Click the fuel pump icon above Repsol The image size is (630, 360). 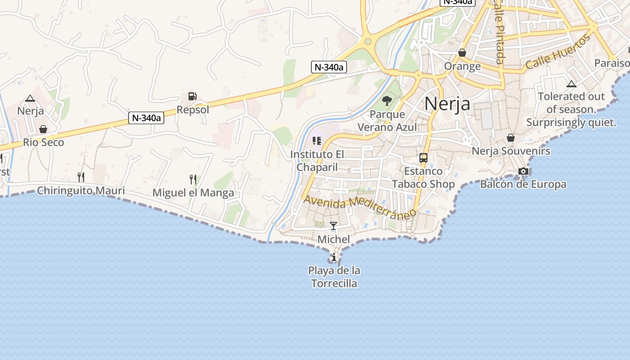click(193, 96)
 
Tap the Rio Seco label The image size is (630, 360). click(44, 142)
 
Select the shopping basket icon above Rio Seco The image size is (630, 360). click(43, 130)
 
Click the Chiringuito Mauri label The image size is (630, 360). click(81, 191)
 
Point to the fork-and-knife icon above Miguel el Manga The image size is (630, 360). click(193, 180)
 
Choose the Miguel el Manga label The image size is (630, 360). click(193, 193)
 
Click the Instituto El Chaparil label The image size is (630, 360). click(317, 161)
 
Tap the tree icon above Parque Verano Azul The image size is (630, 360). click(387, 101)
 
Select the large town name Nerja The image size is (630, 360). click(447, 103)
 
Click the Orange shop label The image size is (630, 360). click(462, 66)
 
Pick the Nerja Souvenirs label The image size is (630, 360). click(511, 151)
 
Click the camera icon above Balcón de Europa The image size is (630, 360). click(523, 171)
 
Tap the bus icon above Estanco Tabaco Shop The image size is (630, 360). click(423, 158)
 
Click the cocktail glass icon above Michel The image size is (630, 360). click(333, 226)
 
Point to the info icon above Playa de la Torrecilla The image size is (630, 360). click(333, 257)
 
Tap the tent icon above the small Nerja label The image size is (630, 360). click(30, 98)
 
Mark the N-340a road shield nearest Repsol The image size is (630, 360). click(146, 118)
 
